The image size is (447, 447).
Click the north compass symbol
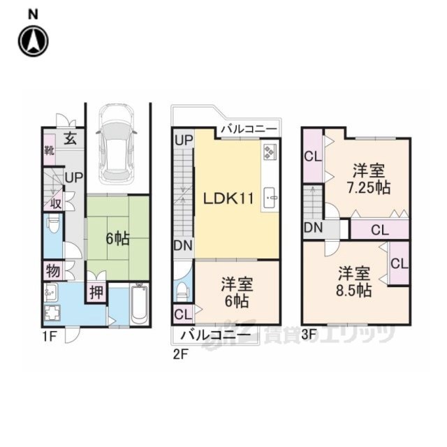[34, 41]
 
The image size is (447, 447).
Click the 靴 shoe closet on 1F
[50, 149]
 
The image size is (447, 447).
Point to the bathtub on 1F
[139, 304]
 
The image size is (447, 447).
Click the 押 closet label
[96, 292]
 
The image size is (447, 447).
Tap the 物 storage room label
[53, 270]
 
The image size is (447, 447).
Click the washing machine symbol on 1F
[52, 314]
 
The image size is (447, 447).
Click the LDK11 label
[228, 198]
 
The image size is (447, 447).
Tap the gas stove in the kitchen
[270, 152]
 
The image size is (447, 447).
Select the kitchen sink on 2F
[271, 197]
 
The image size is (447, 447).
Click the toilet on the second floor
[182, 292]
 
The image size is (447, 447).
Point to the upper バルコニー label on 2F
[249, 129]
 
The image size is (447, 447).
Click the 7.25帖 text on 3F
[369, 187]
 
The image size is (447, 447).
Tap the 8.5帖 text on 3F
[354, 290]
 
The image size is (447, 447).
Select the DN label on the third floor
[314, 228]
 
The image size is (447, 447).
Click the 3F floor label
[309, 335]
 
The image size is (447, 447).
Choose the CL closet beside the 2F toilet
[183, 314]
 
